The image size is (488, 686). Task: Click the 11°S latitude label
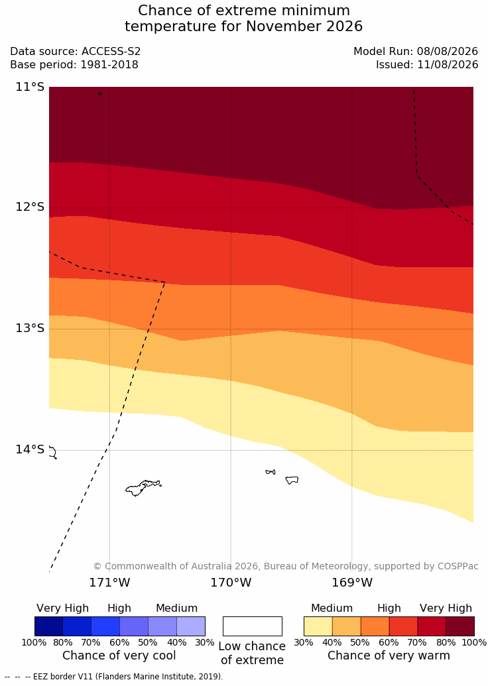coord(30,87)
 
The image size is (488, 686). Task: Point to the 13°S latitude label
coord(30,327)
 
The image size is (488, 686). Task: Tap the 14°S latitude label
coord(30,449)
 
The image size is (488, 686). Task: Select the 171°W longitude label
coord(109,583)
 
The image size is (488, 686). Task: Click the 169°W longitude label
coord(352,583)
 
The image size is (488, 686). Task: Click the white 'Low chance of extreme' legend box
coord(253,626)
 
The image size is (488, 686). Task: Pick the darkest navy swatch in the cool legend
coord(48,626)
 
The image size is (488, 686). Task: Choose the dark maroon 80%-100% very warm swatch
coord(460,626)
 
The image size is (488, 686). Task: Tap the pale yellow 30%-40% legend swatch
coord(318,626)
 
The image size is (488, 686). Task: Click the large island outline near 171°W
coord(141,487)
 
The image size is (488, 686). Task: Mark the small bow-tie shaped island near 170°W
coord(271,472)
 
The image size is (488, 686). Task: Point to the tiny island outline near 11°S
coord(100,93)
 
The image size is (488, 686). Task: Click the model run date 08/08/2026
coord(448,51)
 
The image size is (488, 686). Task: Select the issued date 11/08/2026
coord(448,65)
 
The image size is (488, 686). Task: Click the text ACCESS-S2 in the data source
coord(111,51)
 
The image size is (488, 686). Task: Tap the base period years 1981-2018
coord(109,65)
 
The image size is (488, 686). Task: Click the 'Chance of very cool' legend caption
coord(119,656)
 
